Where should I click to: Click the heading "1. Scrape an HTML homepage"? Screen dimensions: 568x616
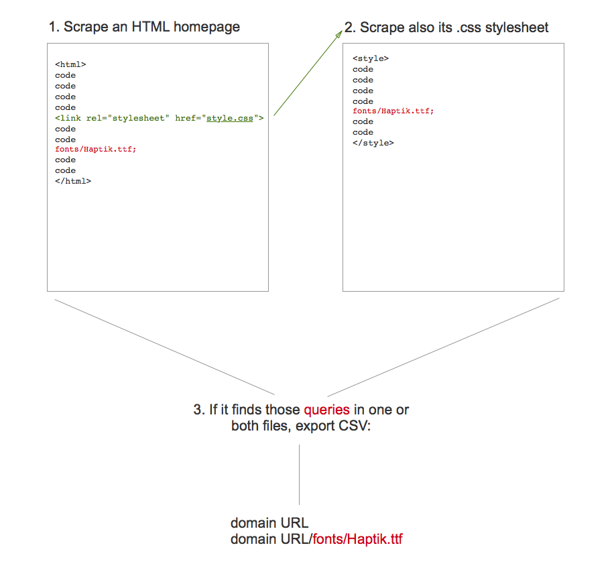(144, 27)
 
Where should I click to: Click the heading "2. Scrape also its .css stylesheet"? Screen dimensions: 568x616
(446, 27)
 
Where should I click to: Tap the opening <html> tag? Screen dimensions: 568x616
(70, 64)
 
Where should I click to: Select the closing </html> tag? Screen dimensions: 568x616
(73, 181)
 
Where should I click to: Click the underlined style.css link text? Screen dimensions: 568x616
(230, 118)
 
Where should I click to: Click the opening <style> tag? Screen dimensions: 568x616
(370, 58)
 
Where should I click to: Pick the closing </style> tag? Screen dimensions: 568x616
(373, 143)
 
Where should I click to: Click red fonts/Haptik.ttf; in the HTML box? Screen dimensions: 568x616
(95, 149)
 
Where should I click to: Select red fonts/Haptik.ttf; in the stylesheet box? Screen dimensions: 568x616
(393, 111)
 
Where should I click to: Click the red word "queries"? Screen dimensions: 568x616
(326, 410)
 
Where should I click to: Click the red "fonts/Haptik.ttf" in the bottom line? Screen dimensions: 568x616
(358, 538)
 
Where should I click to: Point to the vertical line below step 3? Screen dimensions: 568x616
(299, 474)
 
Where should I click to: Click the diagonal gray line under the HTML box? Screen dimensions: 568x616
(164, 347)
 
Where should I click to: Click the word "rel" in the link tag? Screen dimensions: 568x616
(94, 118)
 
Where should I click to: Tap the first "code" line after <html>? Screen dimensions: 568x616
(65, 75)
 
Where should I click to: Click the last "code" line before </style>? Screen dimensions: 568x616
(363, 132)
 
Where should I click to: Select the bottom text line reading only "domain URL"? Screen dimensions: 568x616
(269, 523)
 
